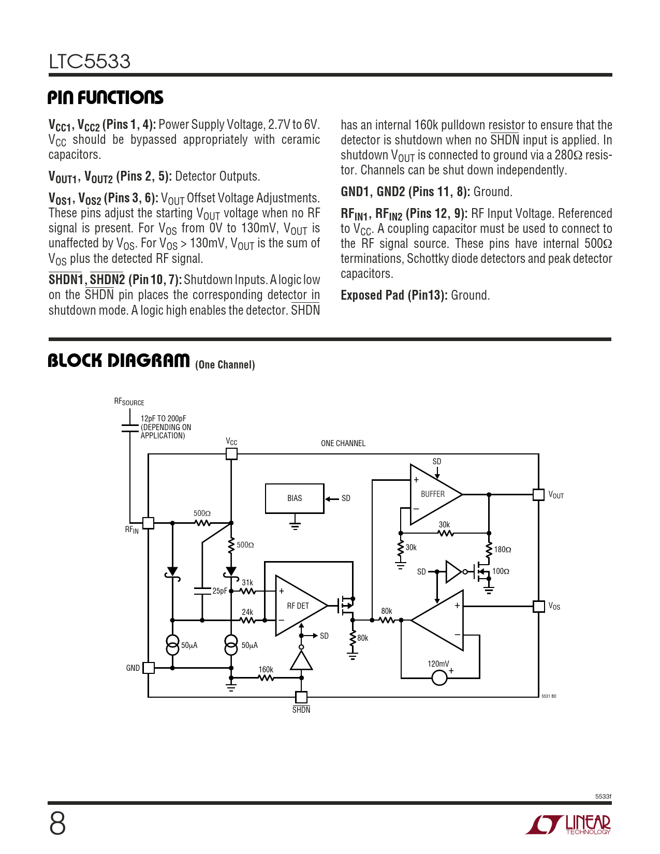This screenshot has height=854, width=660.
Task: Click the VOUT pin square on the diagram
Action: pos(538,494)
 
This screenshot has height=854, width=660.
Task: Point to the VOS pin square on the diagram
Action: pos(538,606)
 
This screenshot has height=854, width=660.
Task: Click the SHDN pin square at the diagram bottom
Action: pos(301,697)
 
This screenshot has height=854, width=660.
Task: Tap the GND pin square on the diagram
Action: pos(148,668)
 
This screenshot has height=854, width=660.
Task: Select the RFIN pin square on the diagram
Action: pos(148,523)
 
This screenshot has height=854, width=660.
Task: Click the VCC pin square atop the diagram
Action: pos(231,454)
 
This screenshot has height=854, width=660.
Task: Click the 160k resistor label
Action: pos(266,669)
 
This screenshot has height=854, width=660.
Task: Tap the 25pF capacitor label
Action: pos(219,591)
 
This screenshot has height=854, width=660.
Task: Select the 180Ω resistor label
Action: pos(502,550)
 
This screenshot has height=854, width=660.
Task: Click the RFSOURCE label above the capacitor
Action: pos(129,402)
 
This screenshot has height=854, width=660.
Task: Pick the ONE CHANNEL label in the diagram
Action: pos(343,444)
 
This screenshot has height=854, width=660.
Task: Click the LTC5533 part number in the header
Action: pos(90,61)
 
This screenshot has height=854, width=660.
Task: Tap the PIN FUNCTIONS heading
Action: pos(106,97)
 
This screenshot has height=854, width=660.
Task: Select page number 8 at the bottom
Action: pos(57,824)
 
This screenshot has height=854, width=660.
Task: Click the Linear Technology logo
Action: pos(568,824)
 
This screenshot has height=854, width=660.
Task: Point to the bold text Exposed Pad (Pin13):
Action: pos(394,295)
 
